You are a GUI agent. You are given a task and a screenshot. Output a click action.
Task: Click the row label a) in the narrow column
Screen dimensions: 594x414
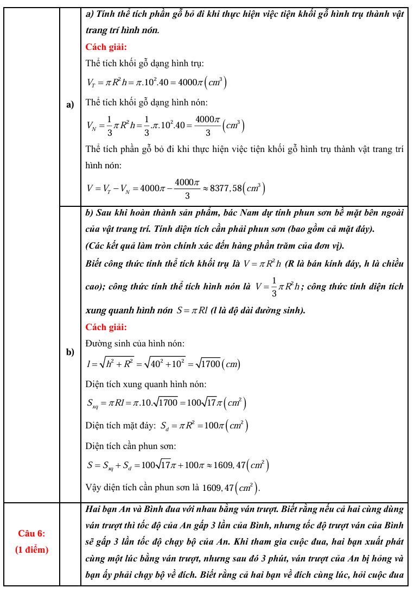click(69, 105)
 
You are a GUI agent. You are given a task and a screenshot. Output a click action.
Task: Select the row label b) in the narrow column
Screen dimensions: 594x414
click(69, 352)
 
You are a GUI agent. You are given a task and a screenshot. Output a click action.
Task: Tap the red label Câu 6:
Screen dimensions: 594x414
click(31, 533)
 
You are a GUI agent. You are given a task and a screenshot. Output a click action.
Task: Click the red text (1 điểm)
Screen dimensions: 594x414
click(31, 549)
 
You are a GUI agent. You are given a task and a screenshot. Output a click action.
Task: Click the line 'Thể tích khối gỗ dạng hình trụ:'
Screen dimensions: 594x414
click(145, 64)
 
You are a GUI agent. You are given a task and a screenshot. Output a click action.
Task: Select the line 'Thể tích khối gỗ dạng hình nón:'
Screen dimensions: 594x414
click(147, 102)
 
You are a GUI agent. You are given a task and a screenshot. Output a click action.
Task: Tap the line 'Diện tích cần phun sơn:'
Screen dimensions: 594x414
click(131, 446)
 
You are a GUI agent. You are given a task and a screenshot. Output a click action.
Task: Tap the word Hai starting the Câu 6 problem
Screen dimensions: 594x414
click(94, 509)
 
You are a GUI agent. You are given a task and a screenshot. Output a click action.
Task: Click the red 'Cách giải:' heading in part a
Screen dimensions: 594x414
click(106, 47)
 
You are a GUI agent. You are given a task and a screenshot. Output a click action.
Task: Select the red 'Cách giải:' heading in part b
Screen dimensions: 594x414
click(106, 327)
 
